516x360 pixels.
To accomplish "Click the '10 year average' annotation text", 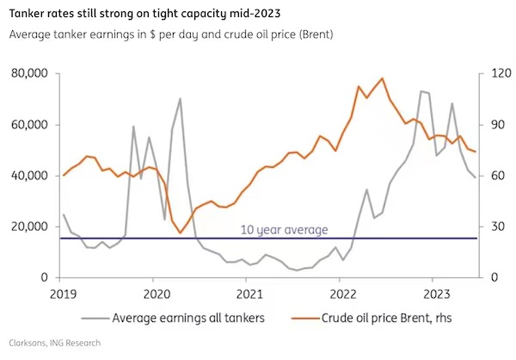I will pos(284,229).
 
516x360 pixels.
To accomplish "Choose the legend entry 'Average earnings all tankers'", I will pos(188,318).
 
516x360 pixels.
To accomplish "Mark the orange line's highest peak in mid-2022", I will pos(382,78).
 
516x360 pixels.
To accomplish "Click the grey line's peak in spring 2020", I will pos(180,99).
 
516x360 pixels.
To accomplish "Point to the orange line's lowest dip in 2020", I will pos(180,233).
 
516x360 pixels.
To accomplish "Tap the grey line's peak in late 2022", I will pos(421,91).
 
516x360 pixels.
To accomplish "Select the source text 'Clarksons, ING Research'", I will pos(55,343).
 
